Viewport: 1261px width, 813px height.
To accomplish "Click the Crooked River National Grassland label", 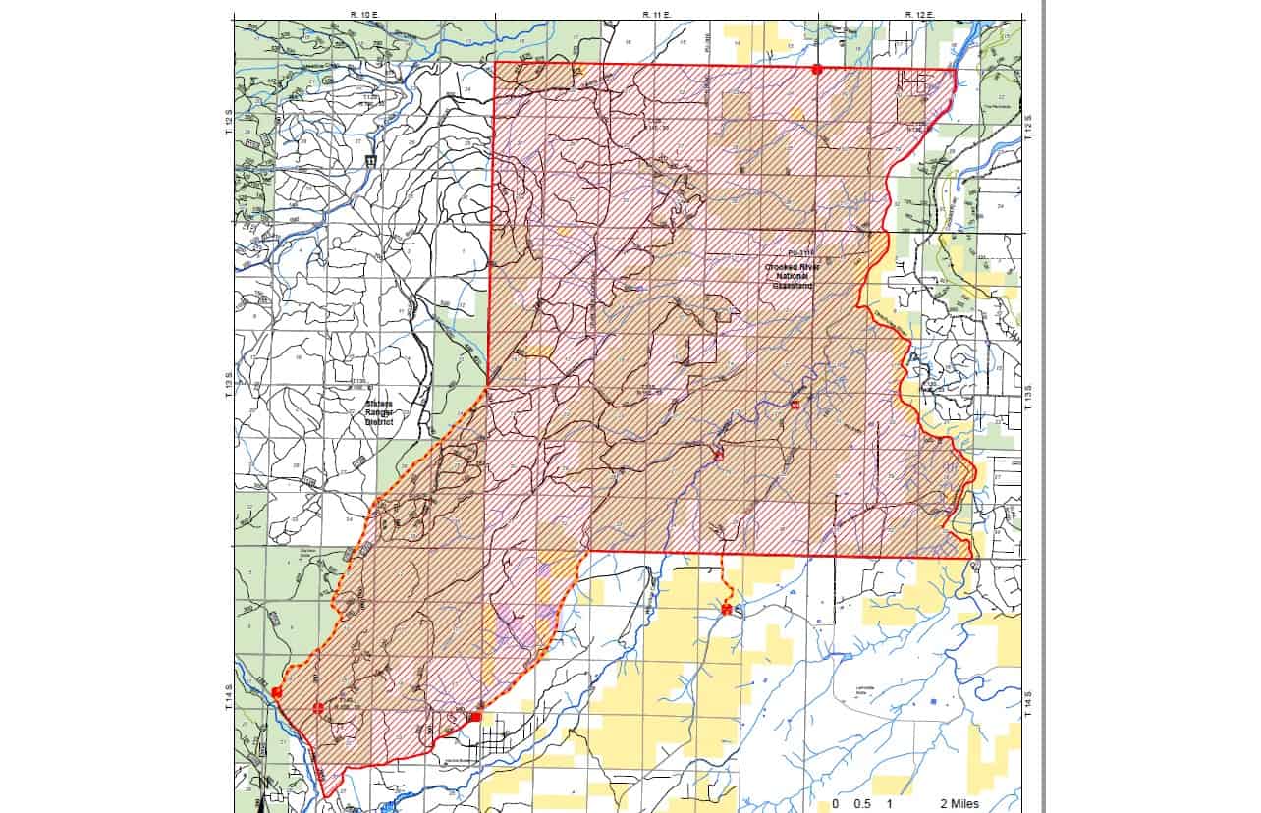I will click(x=799, y=277).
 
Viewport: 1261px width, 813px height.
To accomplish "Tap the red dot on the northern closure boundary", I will click(x=816, y=69).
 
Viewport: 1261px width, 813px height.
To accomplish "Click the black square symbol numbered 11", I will click(x=371, y=160).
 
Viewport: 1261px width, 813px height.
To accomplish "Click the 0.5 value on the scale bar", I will click(x=862, y=803).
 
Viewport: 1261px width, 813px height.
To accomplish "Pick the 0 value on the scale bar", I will click(x=835, y=803).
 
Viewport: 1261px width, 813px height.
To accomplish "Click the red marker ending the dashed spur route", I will click(x=726, y=610).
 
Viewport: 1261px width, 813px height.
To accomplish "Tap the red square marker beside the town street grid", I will click(x=475, y=717).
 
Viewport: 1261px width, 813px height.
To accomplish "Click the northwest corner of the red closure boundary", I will click(x=494, y=63).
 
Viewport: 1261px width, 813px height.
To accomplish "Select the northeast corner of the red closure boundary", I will click(x=956, y=70).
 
